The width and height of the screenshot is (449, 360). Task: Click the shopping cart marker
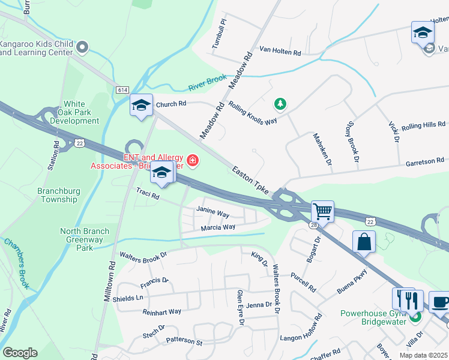click(323, 211)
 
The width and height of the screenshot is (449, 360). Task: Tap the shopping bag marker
click(364, 242)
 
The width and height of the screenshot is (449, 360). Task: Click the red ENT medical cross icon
click(192, 160)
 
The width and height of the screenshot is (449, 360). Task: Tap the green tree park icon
click(279, 104)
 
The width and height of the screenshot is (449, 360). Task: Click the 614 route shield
click(122, 89)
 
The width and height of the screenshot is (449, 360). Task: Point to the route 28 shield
click(315, 224)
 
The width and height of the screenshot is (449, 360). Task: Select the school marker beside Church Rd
click(141, 105)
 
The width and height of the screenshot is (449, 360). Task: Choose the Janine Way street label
click(213, 213)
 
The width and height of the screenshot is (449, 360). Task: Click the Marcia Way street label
click(218, 227)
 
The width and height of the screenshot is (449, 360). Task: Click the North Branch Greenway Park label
click(84, 239)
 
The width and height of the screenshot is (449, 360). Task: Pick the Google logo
click(20, 352)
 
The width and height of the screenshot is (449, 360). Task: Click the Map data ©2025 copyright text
click(424, 355)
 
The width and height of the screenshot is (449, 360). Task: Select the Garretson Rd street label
click(424, 161)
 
